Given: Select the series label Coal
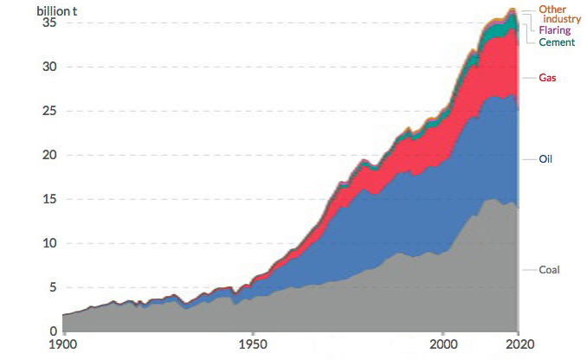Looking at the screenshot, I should coord(550,270).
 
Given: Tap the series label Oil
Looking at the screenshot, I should coord(545,159).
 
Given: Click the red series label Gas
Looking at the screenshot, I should coord(547,78).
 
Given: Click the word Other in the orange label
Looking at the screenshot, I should coord(552,10).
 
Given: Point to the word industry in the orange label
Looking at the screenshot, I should coord(562,19).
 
